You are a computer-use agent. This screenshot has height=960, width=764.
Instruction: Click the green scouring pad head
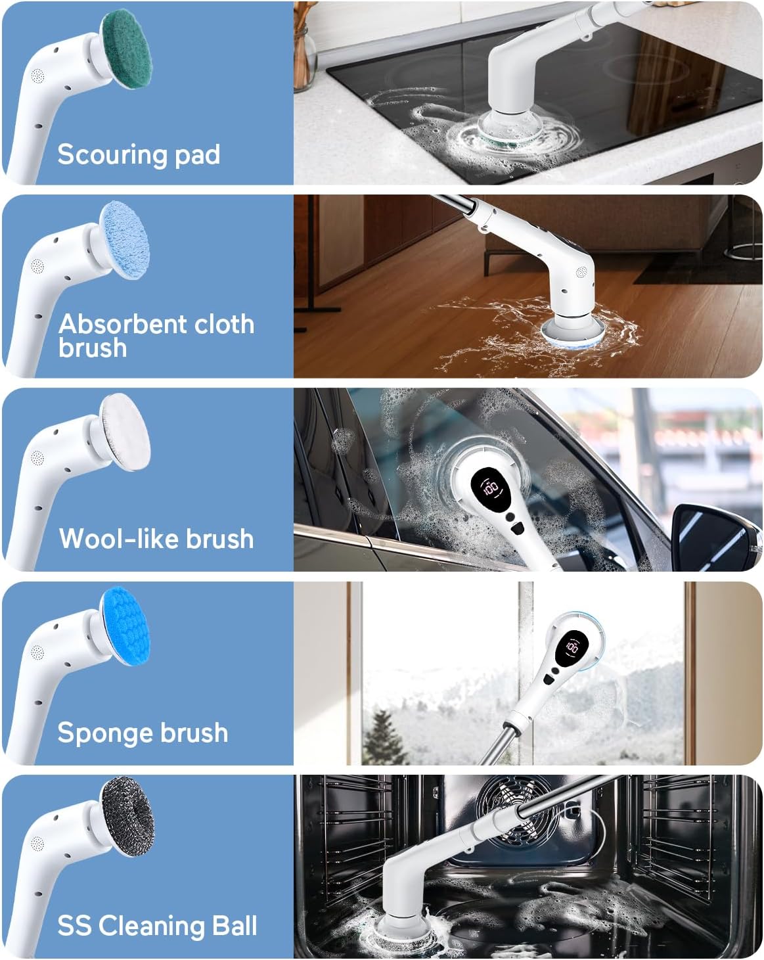pyautogui.click(x=127, y=49)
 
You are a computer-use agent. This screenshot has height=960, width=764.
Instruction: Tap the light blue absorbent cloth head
pyautogui.click(x=124, y=240)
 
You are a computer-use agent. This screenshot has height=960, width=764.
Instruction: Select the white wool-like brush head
pyautogui.click(x=125, y=432)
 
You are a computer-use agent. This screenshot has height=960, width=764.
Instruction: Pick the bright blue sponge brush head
pyautogui.click(x=125, y=626)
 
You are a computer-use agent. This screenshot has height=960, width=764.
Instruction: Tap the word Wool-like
pyautogui.click(x=119, y=538)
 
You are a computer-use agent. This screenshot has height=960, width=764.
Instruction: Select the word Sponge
pyautogui.click(x=105, y=733)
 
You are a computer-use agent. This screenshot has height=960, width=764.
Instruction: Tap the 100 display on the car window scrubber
pyautogui.click(x=491, y=487)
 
